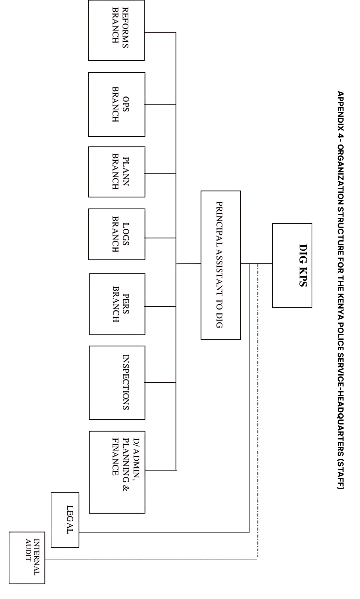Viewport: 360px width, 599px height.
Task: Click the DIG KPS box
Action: click(292, 265)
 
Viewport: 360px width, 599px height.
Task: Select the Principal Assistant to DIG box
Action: click(220, 265)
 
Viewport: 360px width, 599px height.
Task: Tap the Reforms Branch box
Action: click(116, 31)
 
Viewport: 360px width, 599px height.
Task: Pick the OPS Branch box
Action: click(116, 104)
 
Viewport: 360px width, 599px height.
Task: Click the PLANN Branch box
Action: click(116, 172)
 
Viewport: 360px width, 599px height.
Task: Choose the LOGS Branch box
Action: click(116, 235)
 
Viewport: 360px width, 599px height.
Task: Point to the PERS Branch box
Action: click(117, 304)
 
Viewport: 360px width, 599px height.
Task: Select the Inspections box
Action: click(117, 383)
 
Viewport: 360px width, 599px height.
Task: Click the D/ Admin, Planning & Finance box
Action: click(117, 472)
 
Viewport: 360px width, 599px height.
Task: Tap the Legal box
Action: click(65, 520)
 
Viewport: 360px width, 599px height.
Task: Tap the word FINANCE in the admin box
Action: click(115, 456)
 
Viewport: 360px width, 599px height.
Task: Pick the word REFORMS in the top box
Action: click(125, 28)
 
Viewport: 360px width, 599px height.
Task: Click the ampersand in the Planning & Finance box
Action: click(125, 488)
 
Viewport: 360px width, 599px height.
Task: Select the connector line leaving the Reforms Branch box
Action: click(160, 32)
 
